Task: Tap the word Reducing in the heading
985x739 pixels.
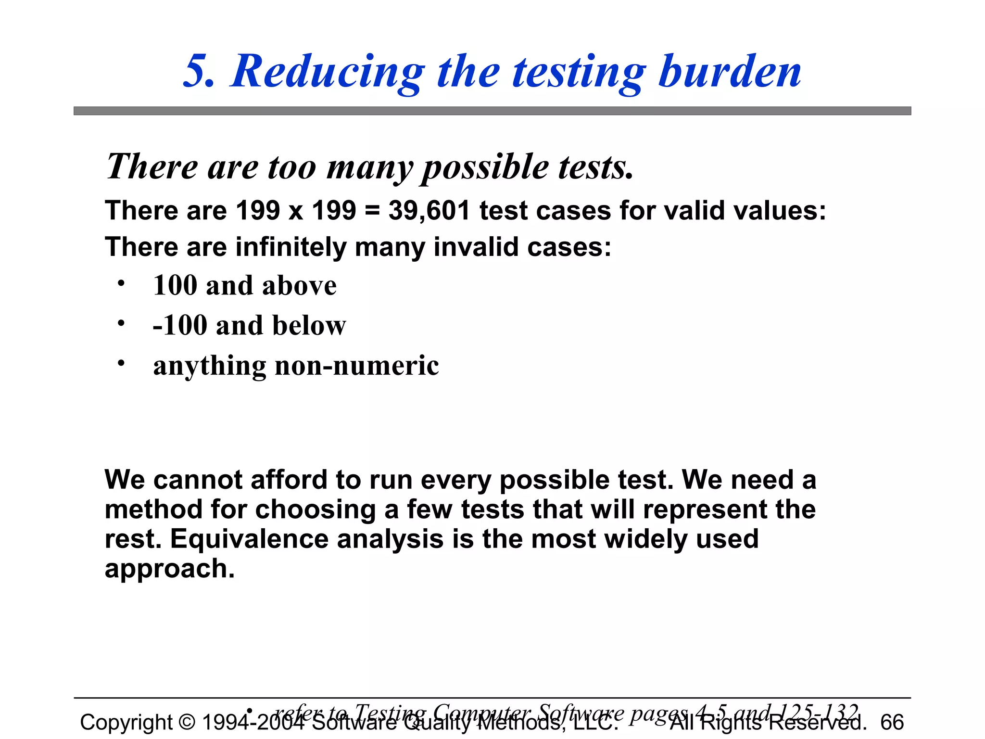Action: coord(327,72)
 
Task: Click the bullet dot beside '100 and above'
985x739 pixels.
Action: coord(121,283)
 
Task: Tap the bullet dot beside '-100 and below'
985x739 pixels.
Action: coord(121,323)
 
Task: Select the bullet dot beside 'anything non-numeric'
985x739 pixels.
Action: coord(121,363)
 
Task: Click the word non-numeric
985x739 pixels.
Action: coord(356,365)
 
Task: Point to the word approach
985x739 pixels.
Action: coord(169,569)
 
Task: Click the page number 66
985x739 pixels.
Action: coord(892,722)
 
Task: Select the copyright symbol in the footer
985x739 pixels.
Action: coord(187,722)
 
